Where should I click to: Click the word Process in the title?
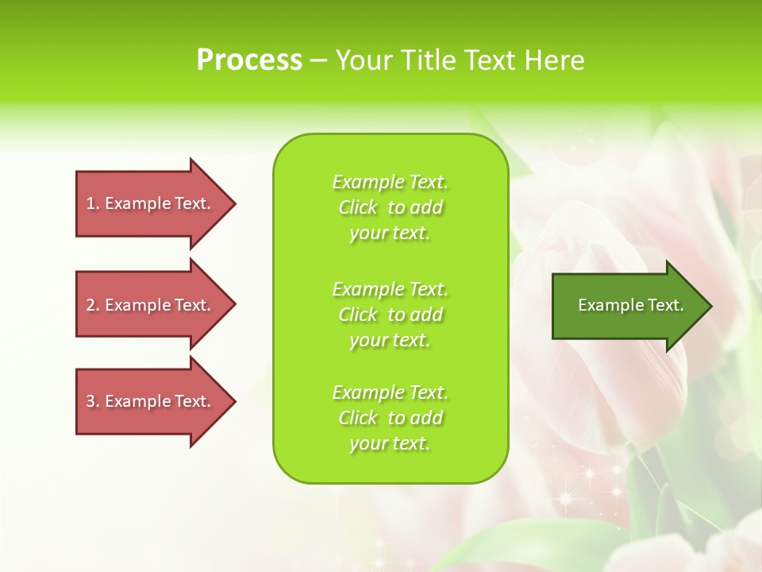pyautogui.click(x=249, y=60)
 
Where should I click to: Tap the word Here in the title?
pyautogui.click(x=555, y=60)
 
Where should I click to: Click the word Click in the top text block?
pyautogui.click(x=358, y=207)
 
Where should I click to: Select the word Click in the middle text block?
pyautogui.click(x=358, y=315)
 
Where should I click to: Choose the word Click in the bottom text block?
pyautogui.click(x=358, y=418)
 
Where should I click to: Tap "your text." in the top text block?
pyautogui.click(x=390, y=234)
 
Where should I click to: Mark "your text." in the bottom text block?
pyautogui.click(x=390, y=444)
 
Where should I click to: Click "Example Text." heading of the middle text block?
pyautogui.click(x=390, y=289)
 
